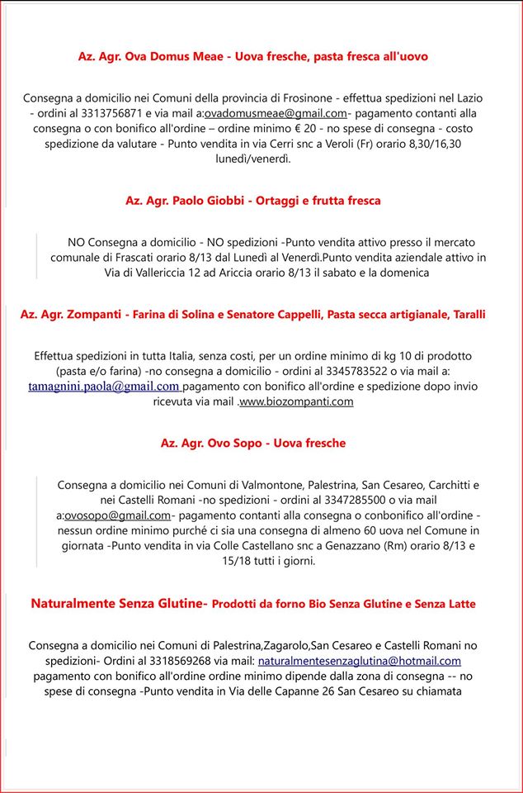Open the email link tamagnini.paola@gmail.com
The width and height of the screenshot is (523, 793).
pos(104,387)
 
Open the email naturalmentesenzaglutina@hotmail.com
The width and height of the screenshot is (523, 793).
pos(359,661)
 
